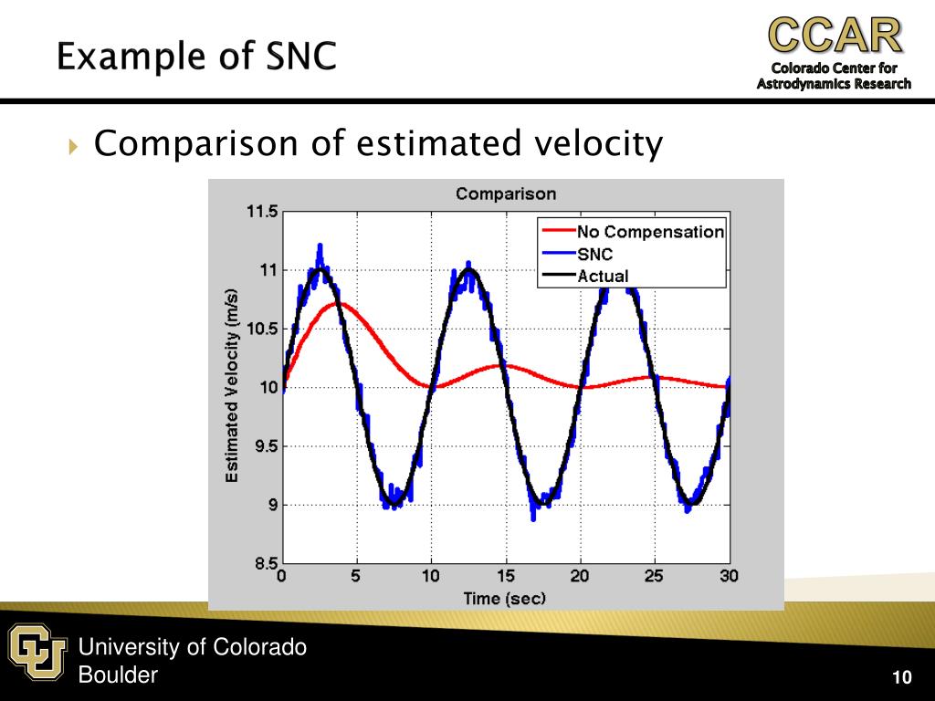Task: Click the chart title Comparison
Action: (x=505, y=194)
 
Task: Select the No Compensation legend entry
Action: (x=650, y=232)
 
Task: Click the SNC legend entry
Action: (x=594, y=254)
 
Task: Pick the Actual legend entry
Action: (x=603, y=276)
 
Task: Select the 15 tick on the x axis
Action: (x=505, y=577)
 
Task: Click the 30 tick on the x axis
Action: (x=729, y=577)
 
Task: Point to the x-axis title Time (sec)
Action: (x=505, y=599)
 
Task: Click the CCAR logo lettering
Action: (x=835, y=35)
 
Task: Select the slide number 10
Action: (x=902, y=677)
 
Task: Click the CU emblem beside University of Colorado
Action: (x=38, y=651)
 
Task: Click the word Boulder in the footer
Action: (x=118, y=675)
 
